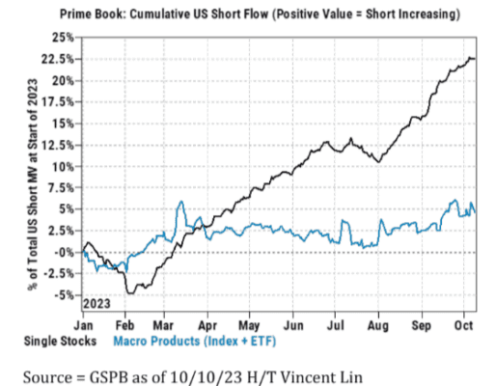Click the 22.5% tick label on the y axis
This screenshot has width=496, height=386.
[57, 59]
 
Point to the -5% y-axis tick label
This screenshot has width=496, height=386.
[64, 295]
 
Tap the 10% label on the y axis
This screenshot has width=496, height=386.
[63, 167]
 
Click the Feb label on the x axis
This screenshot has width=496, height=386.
[124, 325]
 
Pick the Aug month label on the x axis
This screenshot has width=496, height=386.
[378, 326]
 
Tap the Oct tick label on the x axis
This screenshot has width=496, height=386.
[463, 325]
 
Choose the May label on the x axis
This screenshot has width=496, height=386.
[249, 326]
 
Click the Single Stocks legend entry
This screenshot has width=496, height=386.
[60, 341]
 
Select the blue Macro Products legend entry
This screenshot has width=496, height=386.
[195, 341]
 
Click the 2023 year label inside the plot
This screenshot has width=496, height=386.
[96, 303]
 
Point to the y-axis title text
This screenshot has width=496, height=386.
[33, 184]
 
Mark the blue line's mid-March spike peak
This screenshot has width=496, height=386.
[181, 202]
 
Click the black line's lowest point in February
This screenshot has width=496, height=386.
[130, 293]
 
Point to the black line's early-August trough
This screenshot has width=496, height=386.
[379, 162]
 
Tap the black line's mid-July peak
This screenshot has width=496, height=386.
[351, 138]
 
